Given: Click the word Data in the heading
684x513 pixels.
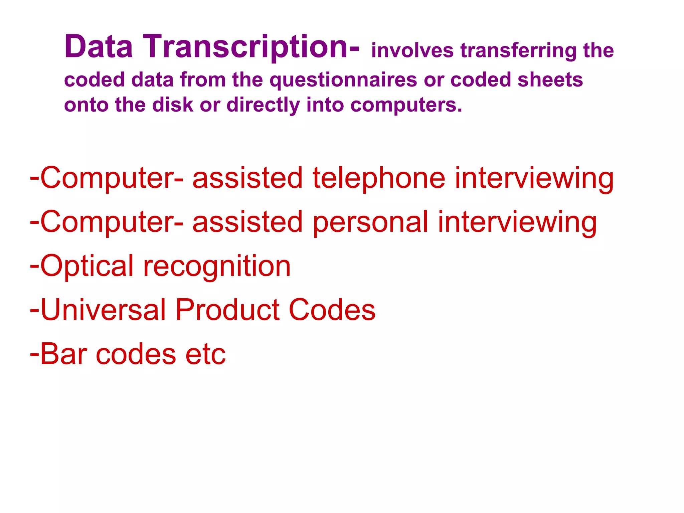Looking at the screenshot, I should (99, 47).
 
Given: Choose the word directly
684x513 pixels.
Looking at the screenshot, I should (263, 106).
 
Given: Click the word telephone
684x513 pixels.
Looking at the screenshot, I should (379, 178).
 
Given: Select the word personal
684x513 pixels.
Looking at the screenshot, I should (370, 222).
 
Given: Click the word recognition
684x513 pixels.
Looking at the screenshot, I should (217, 267).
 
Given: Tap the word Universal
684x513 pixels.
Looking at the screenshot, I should (103, 310).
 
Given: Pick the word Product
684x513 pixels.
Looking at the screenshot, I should (227, 310).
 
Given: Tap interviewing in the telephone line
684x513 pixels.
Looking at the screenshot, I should (534, 178).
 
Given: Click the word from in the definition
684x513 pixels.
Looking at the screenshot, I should (203, 80).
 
